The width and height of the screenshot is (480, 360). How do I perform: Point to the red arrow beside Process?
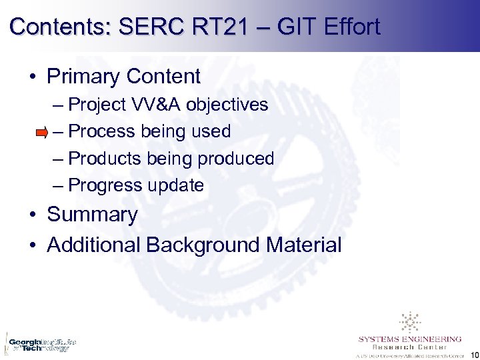[41, 133]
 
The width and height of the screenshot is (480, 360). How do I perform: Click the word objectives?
[227, 105]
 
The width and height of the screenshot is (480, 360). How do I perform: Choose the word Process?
[102, 131]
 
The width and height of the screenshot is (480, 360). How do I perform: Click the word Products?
[105, 159]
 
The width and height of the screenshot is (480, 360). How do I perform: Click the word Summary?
[92, 215]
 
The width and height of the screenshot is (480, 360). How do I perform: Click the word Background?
[203, 245]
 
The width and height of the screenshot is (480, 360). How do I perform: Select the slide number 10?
[473, 353]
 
